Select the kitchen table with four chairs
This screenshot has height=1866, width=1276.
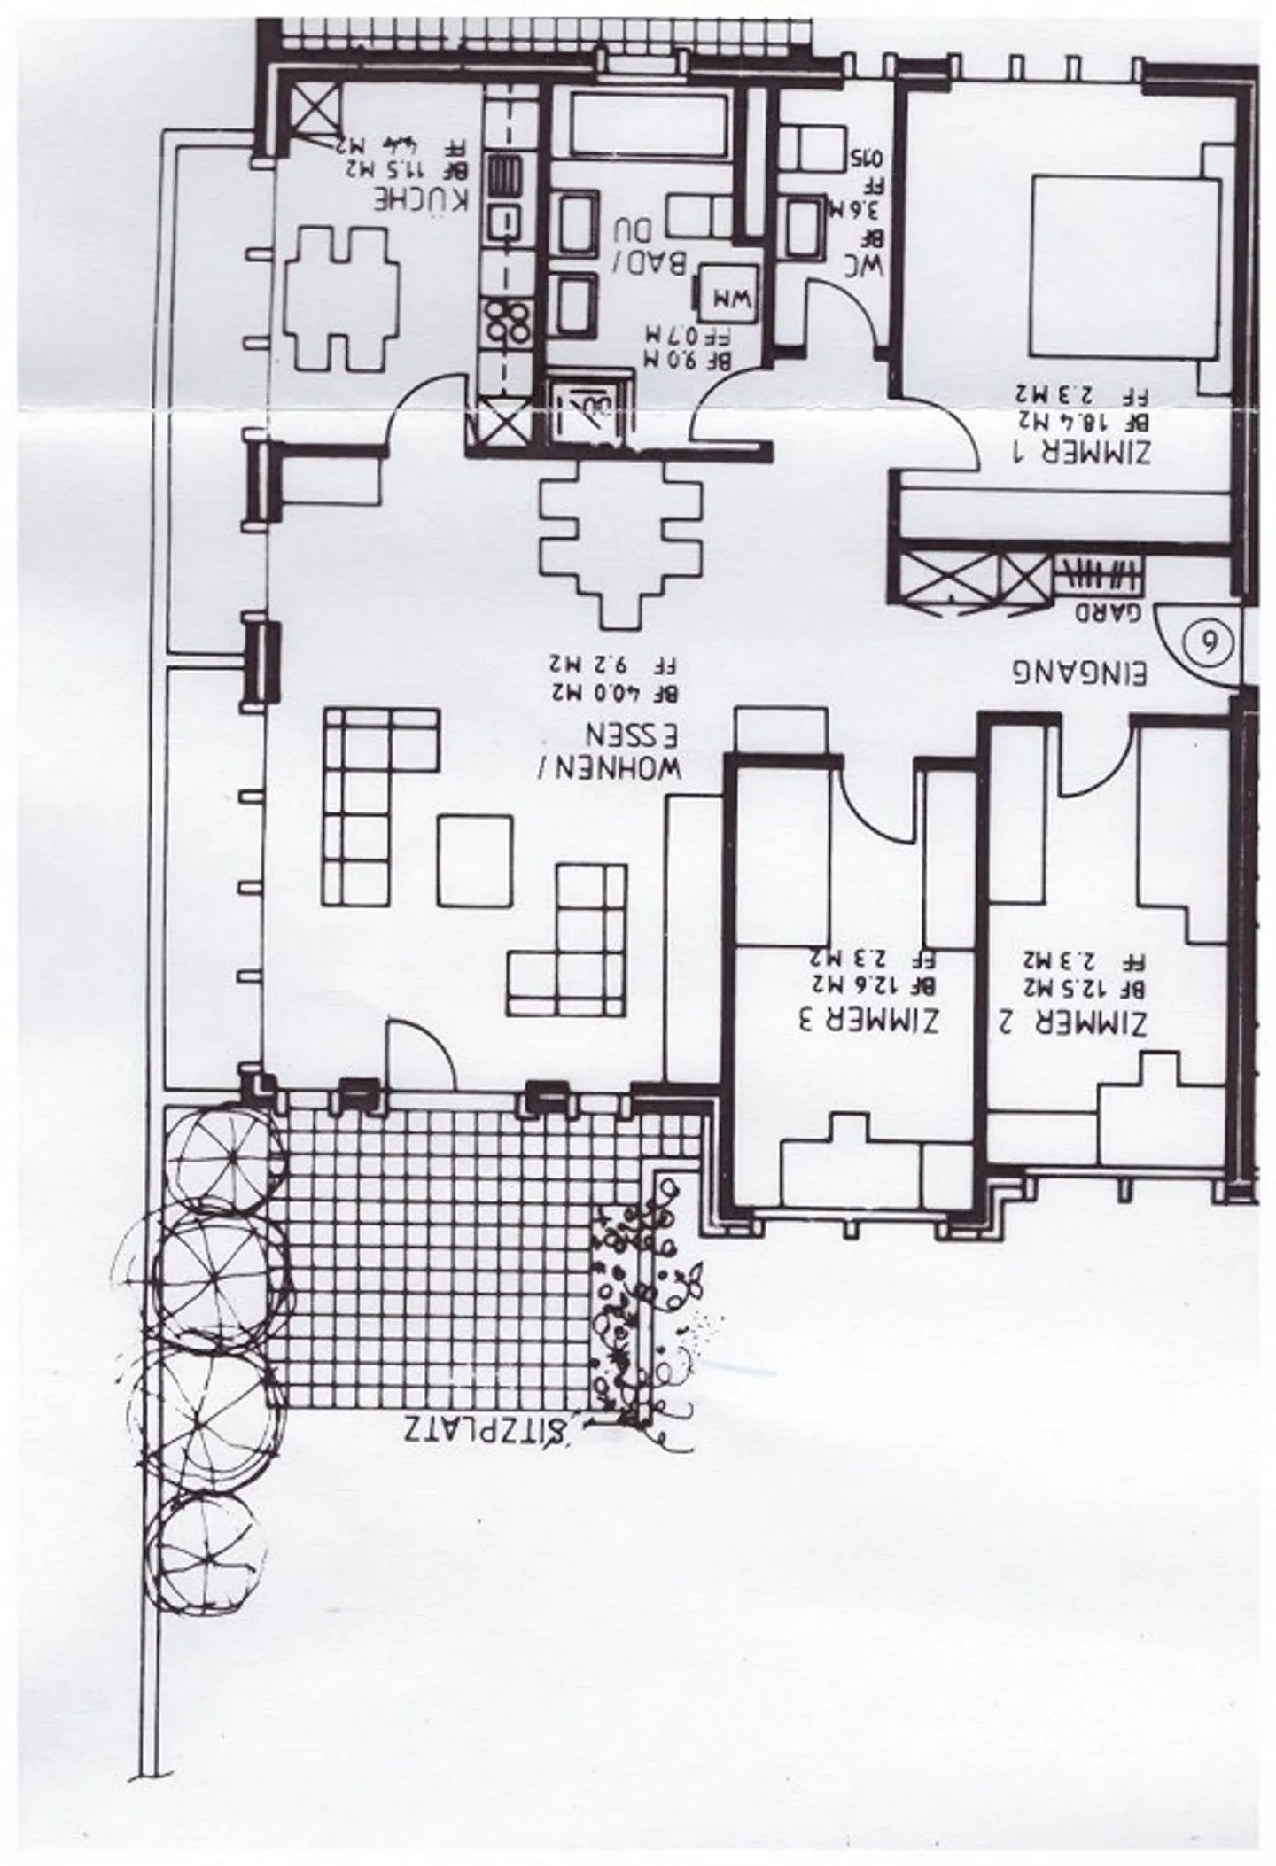(339, 299)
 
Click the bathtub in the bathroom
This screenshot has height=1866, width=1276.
(650, 124)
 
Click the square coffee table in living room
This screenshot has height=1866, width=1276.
(474, 859)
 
